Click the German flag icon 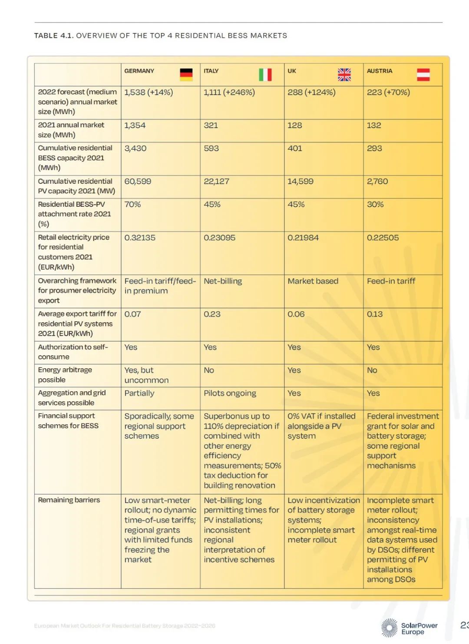186,75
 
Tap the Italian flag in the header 265,75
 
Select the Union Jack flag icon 344,75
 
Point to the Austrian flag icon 423,75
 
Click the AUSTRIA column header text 380,71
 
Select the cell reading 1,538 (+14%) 149,92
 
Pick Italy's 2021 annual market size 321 211,125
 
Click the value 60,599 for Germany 138,181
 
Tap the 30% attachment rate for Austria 375,204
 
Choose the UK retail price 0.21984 303,238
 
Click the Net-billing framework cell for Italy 223,281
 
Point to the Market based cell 313,281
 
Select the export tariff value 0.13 375,314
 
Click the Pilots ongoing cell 230,393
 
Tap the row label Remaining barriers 69,500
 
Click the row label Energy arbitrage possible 65,375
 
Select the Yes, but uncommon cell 146,375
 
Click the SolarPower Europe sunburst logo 389,628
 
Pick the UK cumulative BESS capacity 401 295,148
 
